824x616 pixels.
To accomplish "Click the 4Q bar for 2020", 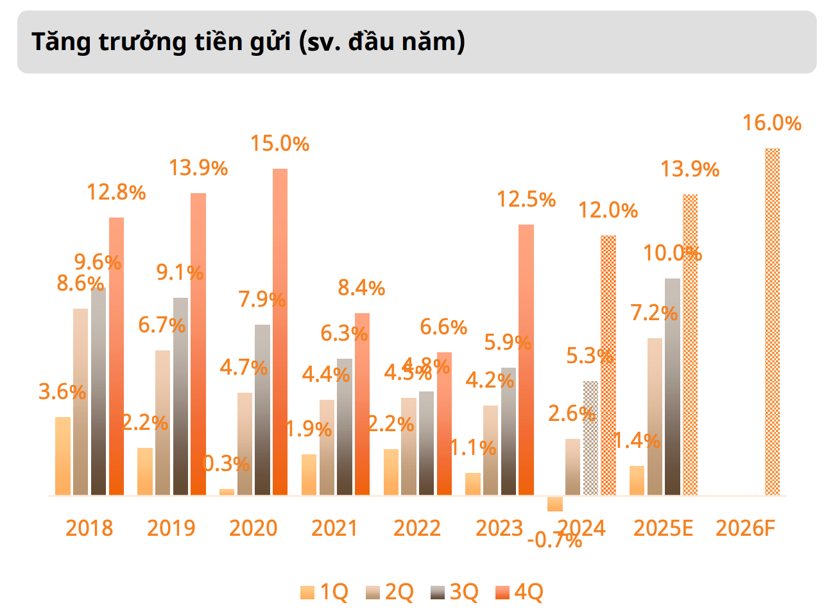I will (x=280, y=332).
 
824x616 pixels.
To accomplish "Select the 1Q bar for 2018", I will (x=63, y=456).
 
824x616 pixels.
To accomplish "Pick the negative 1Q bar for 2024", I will (x=555, y=504).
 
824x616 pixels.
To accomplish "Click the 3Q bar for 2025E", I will (x=673, y=387).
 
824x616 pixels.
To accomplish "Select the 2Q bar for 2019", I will (x=163, y=423).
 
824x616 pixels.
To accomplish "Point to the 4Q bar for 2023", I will (x=526, y=360).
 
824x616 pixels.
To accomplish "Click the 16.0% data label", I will (x=772, y=123).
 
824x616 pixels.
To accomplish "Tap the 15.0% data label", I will (x=280, y=143).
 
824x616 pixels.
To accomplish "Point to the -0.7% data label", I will (x=554, y=541).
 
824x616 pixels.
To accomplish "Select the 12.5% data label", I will (x=526, y=200).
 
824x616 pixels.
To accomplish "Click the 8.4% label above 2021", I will (x=361, y=288).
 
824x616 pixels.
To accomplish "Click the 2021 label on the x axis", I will (x=334, y=528).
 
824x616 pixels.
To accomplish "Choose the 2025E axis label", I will (x=664, y=528).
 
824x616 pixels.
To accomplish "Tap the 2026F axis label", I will (x=746, y=528).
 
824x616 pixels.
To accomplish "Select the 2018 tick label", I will (x=89, y=528).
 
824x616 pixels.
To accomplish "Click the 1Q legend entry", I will (x=325, y=592).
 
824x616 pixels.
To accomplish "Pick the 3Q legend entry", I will (x=455, y=592).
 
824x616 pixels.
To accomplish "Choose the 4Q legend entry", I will (x=520, y=592).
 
